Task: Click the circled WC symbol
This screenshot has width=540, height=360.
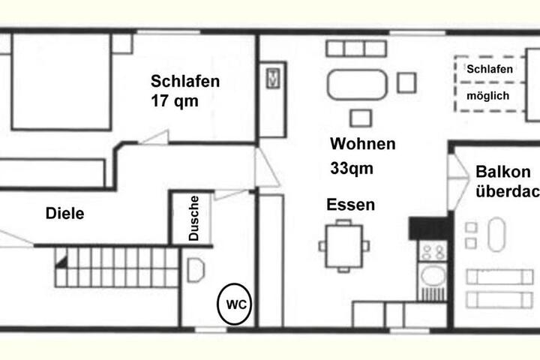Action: [x=234, y=304]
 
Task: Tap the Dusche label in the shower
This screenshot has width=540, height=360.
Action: [x=194, y=218]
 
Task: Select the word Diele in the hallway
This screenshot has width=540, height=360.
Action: [x=64, y=214]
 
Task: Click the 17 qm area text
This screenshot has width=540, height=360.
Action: [x=175, y=101]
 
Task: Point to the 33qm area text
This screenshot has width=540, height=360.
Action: [x=352, y=169]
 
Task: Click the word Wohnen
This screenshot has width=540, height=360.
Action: [x=363, y=144]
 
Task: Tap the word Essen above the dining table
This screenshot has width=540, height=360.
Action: [x=350, y=205]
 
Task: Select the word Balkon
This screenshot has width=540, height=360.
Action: [x=502, y=172]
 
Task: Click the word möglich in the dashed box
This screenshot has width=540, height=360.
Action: [x=487, y=96]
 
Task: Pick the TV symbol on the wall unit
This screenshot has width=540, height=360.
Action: [x=273, y=78]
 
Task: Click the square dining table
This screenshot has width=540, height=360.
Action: [x=344, y=246]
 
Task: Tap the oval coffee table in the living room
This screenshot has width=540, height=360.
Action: [x=357, y=85]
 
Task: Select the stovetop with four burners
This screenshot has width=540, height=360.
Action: [x=433, y=251]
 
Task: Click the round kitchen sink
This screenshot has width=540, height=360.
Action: [x=433, y=276]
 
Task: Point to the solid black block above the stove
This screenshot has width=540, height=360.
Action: [x=430, y=229]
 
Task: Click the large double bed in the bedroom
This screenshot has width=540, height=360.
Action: [x=61, y=82]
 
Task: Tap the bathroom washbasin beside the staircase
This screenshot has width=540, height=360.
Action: [x=196, y=270]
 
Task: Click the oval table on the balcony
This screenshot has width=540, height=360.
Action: [x=496, y=234]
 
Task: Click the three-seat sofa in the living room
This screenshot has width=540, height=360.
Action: [x=356, y=49]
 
